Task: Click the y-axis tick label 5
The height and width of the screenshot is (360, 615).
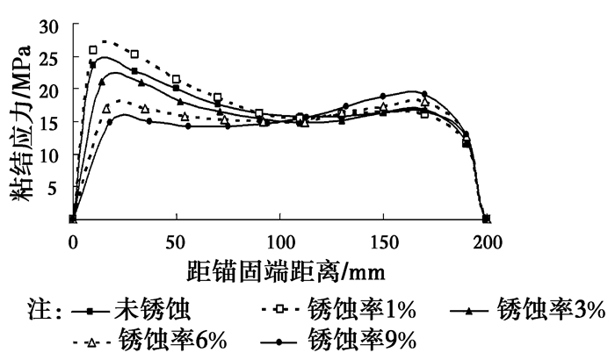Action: coord(60,187)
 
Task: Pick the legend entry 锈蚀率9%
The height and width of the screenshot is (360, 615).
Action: coord(369,339)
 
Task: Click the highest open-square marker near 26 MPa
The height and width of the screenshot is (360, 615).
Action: coord(93,50)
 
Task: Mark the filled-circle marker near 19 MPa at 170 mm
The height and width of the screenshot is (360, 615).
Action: coord(424,94)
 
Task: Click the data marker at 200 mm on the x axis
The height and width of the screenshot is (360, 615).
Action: coord(487,219)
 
